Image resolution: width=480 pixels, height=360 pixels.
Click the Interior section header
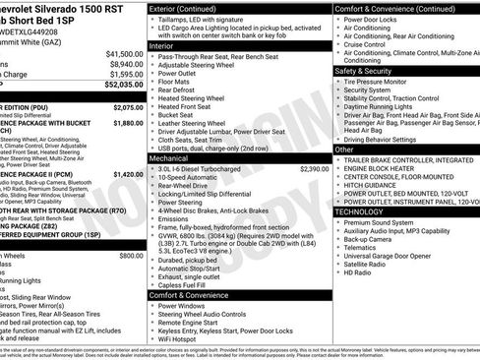pyautogui.click(x=169, y=45)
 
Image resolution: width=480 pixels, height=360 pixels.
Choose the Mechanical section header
pyautogui.click(x=175, y=156)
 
